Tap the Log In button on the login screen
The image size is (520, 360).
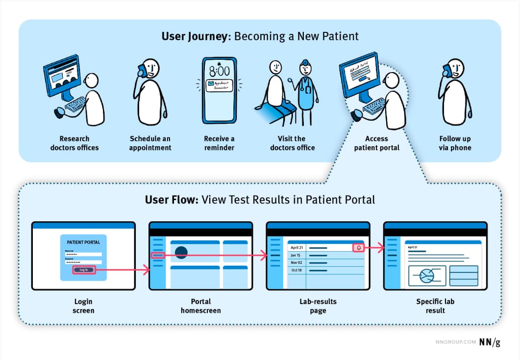(x=83, y=270)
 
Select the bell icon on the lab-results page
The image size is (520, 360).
(x=358, y=248)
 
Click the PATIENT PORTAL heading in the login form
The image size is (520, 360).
(x=83, y=242)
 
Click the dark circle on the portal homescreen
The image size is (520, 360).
(x=181, y=253)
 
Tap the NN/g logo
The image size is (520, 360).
(x=490, y=342)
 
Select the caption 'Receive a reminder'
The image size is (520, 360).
(x=219, y=143)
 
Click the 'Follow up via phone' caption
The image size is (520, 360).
(x=455, y=143)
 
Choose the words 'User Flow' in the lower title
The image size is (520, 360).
(x=172, y=200)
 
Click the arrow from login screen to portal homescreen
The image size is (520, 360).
(x=123, y=270)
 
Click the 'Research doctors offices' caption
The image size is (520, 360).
(x=74, y=143)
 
